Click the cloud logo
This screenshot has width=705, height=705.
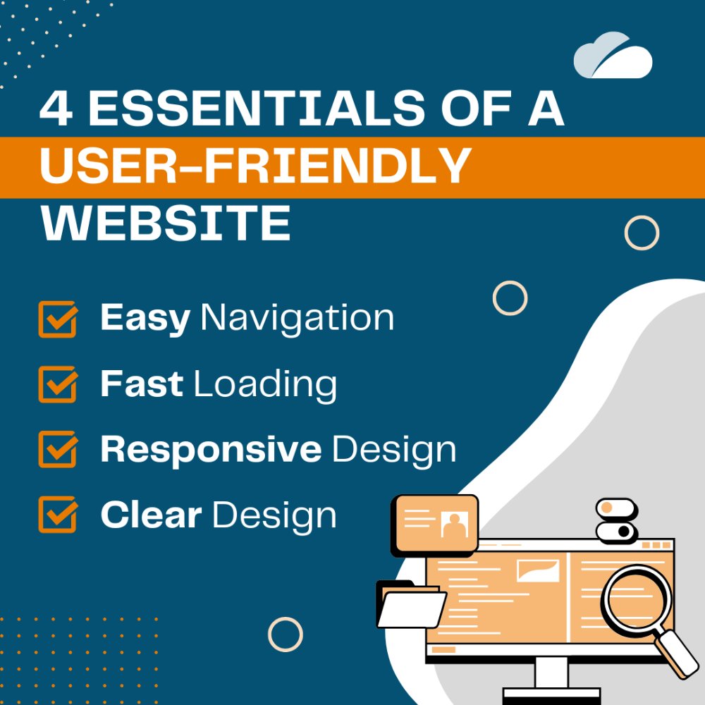point(612,56)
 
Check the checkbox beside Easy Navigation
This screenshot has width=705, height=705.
point(57,319)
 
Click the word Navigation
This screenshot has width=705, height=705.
point(297,319)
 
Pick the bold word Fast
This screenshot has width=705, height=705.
point(142,384)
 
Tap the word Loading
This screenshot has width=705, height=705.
point(265,385)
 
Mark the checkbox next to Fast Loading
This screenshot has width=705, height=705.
point(57,384)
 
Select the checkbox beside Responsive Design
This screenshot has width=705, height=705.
point(57,449)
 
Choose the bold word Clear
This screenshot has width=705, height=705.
point(150,515)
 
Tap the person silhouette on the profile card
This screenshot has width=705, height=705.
point(454,524)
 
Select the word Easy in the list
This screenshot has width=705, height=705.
point(145,319)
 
